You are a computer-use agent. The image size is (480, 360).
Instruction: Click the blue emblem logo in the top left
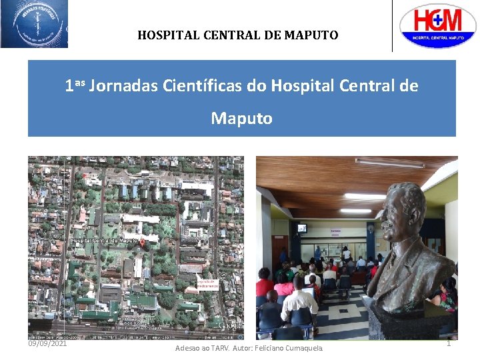point(34,24)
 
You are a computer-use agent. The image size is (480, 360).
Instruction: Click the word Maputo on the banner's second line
point(241,119)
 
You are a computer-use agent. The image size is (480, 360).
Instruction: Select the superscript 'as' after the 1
point(80,82)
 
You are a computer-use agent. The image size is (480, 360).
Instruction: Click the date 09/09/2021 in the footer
point(47,343)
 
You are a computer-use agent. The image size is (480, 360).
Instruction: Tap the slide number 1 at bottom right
point(449,343)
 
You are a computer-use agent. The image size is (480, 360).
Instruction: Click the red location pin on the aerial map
point(141,245)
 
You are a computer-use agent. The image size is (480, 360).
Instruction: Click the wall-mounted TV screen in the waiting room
point(303,228)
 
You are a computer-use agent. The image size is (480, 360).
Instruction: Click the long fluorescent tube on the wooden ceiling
point(389,163)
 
